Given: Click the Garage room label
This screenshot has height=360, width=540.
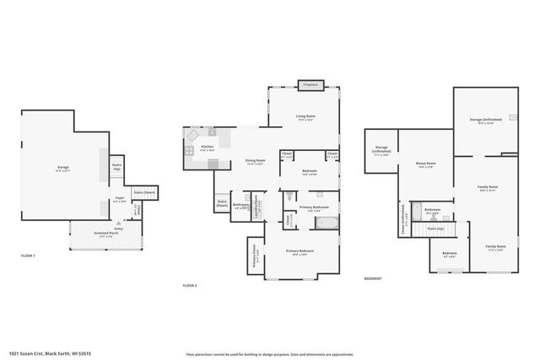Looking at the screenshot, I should click(x=63, y=169).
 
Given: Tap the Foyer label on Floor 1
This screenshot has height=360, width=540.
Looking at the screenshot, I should click(x=120, y=200).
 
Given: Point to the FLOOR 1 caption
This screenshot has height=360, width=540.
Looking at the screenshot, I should click(x=28, y=255).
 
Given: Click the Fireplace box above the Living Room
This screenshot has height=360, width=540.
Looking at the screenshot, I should click(x=310, y=84).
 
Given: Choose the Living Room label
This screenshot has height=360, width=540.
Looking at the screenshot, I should click(x=305, y=117).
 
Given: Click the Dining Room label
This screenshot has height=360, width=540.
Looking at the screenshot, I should click(x=256, y=162).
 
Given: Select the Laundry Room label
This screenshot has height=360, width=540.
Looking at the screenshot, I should click(x=259, y=204).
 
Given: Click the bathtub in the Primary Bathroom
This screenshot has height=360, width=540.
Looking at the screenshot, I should click(x=326, y=223).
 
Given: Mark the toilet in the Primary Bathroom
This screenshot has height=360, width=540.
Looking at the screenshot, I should click(x=289, y=195).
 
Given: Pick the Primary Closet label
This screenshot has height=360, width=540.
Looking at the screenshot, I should click(x=254, y=255).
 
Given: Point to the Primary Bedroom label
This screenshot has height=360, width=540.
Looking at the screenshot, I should click(x=300, y=252).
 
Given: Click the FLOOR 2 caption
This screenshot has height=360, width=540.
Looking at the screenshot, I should click(x=190, y=286).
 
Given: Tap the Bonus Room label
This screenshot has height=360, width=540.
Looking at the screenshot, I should click(x=426, y=164).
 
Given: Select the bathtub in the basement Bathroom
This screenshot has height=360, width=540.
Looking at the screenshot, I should click(x=416, y=212).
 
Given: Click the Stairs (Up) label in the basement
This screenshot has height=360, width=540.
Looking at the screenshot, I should click(x=435, y=228).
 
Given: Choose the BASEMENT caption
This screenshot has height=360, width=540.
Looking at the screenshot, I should click(x=373, y=278).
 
